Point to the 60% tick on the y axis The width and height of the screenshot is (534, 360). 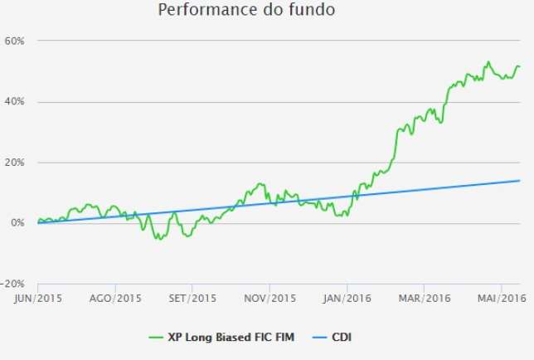(x=18, y=41)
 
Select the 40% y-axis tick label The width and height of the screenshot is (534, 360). (x=18, y=101)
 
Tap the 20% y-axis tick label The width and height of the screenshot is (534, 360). (x=18, y=163)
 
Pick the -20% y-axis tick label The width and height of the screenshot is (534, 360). (x=17, y=285)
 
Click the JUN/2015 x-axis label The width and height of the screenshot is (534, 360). (x=37, y=298)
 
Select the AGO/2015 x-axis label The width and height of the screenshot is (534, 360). (x=115, y=298)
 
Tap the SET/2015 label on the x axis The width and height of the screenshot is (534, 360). (x=192, y=298)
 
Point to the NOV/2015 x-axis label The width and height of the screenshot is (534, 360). (x=270, y=298)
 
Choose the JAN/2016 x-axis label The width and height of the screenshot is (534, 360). (x=347, y=298)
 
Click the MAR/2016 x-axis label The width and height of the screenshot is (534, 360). (x=423, y=298)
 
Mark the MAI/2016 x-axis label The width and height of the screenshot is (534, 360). (x=501, y=298)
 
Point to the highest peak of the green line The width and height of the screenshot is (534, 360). (x=488, y=61)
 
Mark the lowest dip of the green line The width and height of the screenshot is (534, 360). (x=158, y=239)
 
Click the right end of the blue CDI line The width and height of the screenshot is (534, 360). (x=520, y=181)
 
